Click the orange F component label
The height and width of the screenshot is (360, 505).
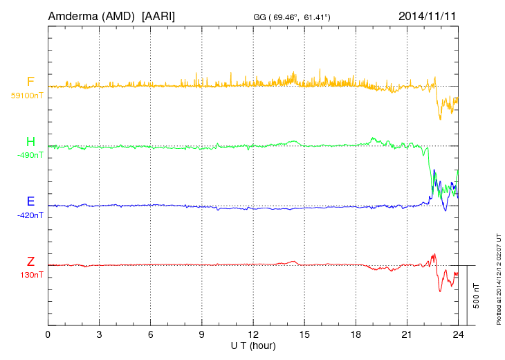point(30,82)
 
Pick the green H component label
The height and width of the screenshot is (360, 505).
point(30,142)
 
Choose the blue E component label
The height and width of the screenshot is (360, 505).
point(30,201)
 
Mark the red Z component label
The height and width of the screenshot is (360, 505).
point(30,261)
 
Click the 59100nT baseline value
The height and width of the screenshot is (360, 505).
point(26,96)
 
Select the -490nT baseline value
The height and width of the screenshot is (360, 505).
point(30,156)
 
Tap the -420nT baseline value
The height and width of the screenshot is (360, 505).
point(30,215)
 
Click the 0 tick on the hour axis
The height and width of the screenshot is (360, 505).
point(48,334)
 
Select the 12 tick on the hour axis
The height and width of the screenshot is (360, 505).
point(253,334)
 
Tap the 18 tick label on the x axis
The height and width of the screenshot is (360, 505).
point(356,334)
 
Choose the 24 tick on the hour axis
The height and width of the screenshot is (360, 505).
point(458,334)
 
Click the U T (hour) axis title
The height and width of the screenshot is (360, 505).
point(253,345)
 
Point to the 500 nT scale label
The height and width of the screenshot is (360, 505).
point(477,296)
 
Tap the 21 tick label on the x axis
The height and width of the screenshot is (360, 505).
point(407,334)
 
